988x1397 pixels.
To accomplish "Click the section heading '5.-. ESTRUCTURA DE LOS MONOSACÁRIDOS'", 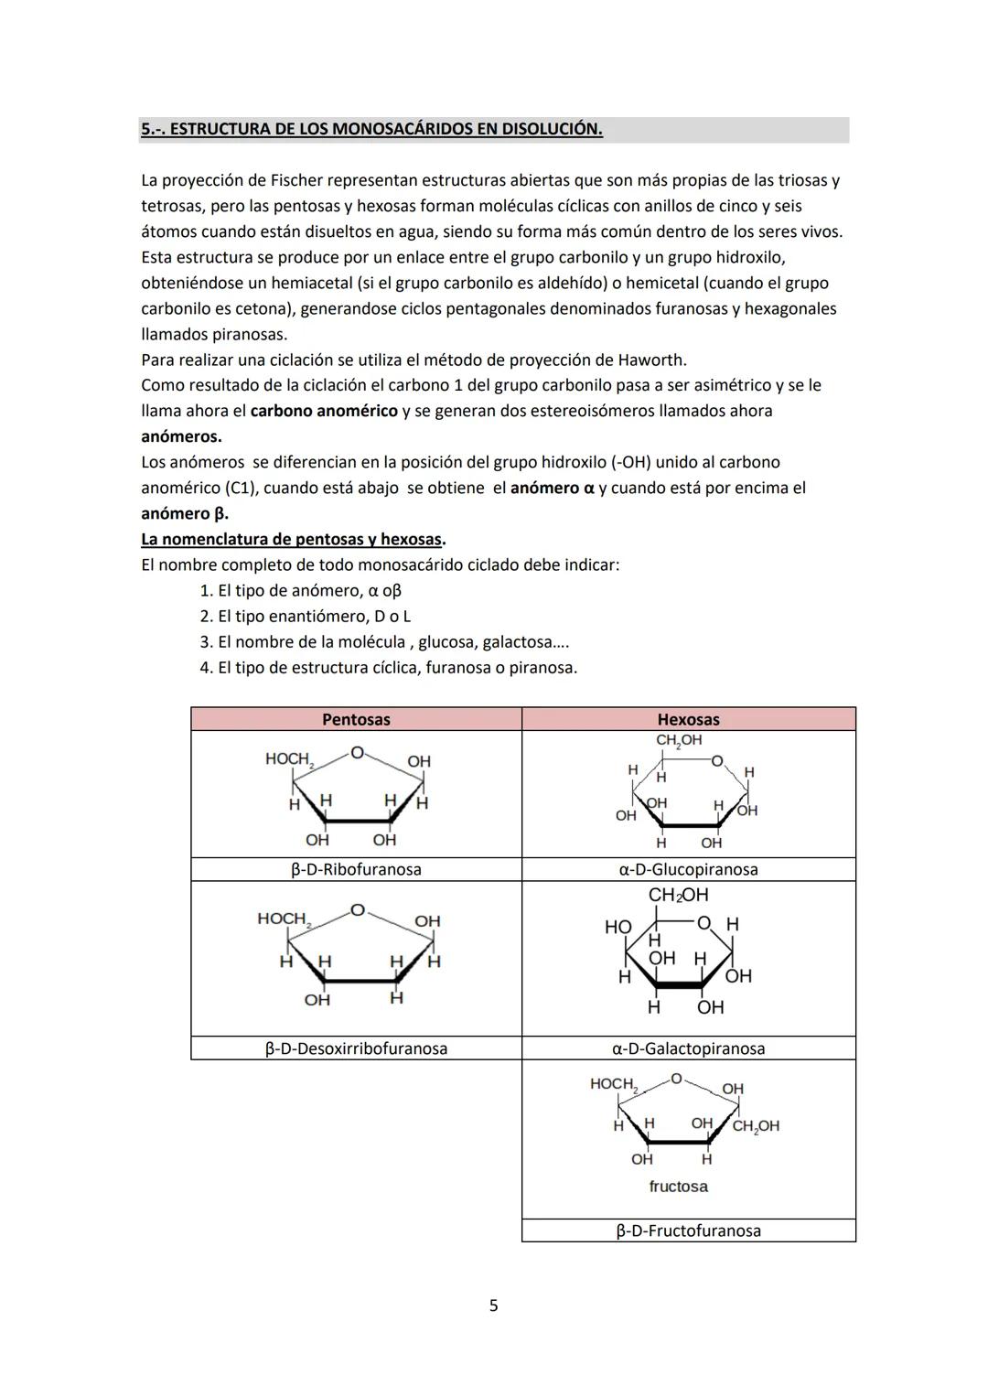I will pyautogui.click(x=371, y=129).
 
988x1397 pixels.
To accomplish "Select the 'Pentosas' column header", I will pyautogui.click(x=356, y=719).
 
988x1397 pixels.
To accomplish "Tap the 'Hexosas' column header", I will pyautogui.click(x=688, y=719).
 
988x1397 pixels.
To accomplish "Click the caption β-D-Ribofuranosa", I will pyautogui.click(x=356, y=869).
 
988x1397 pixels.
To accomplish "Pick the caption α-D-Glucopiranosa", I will pyautogui.click(x=688, y=869).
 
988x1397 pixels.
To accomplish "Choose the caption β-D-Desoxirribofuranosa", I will pyautogui.click(x=356, y=1048).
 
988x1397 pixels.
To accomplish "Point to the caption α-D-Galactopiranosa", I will pyautogui.click(x=688, y=1048).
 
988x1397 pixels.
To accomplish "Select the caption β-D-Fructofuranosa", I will pyautogui.click(x=688, y=1230).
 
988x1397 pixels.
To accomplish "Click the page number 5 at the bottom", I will pyautogui.click(x=494, y=1306).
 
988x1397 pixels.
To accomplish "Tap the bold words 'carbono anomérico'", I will pyautogui.click(x=324, y=411).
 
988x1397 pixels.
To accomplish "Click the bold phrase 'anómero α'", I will pyautogui.click(x=552, y=488).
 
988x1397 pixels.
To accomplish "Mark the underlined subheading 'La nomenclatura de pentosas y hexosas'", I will pyautogui.click(x=293, y=539).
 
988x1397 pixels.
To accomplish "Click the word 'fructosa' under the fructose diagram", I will pyautogui.click(x=678, y=1187).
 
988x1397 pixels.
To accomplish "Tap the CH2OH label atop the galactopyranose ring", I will pyautogui.click(x=678, y=895).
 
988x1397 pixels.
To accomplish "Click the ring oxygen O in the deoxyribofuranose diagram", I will pyautogui.click(x=358, y=910).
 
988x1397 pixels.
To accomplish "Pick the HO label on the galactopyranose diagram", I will pyautogui.click(x=618, y=927).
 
